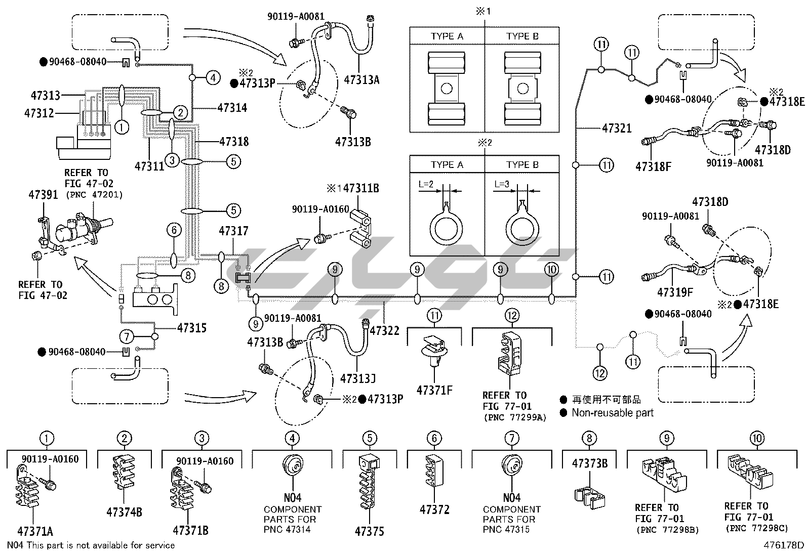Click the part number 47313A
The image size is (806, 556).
(361, 79)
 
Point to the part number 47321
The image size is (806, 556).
(617, 128)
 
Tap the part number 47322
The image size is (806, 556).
(384, 330)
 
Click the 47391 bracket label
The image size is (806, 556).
(43, 194)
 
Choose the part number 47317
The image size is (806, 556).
(233, 231)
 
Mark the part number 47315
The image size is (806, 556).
(192, 328)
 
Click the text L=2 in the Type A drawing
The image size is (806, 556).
(426, 184)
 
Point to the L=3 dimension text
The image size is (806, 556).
(502, 184)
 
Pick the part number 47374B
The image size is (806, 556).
(124, 512)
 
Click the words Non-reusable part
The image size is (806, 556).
(613, 413)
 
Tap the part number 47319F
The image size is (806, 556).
(675, 292)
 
